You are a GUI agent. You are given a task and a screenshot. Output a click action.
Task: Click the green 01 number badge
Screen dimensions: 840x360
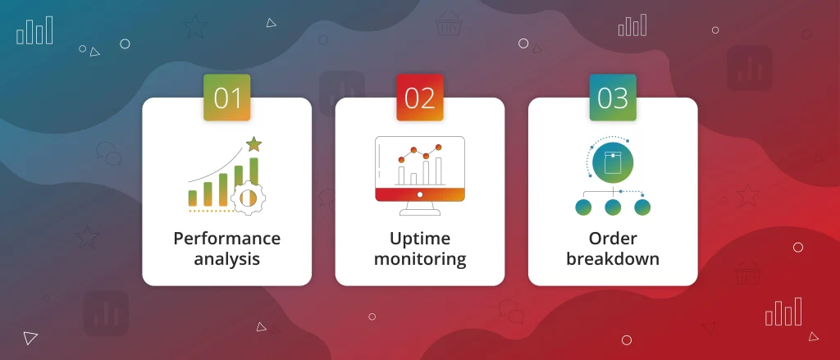coord(226,98)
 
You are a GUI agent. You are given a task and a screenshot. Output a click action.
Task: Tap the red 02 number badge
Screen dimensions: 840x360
coord(420,98)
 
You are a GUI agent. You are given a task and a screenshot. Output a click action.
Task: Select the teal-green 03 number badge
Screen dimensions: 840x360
coord(613,98)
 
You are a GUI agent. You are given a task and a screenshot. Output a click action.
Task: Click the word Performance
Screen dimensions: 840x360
coord(226,239)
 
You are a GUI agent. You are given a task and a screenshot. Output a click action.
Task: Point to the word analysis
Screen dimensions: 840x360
coord(226,259)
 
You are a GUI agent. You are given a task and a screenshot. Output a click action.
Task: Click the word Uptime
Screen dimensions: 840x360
coord(420,239)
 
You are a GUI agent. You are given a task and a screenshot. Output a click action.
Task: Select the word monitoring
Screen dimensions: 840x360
coord(420,259)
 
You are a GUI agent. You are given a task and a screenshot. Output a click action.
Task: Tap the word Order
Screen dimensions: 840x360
coord(613,239)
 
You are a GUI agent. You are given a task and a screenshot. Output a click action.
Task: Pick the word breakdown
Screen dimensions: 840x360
coord(613,259)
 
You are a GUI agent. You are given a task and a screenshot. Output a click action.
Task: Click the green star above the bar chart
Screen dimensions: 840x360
coord(253,144)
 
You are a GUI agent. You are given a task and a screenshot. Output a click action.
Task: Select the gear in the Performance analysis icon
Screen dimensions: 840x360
coord(248,198)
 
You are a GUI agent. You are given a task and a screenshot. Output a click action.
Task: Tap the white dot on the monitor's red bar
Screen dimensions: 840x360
coord(420,194)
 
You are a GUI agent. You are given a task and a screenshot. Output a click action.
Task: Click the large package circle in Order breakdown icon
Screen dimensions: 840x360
coord(613,162)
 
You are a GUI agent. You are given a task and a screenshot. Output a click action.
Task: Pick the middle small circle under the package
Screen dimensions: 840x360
coord(613,207)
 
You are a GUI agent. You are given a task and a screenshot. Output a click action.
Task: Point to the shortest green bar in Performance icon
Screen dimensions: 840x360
coord(192,198)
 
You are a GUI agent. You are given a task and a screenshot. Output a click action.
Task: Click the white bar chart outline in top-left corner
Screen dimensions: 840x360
coord(34,30)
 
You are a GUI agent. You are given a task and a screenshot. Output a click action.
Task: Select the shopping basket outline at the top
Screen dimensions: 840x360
coord(449,24)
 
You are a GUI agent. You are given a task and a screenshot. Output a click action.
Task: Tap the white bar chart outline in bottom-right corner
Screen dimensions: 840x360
coord(783,312)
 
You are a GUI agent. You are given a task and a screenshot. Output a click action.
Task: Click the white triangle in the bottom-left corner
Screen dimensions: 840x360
coord(30,338)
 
